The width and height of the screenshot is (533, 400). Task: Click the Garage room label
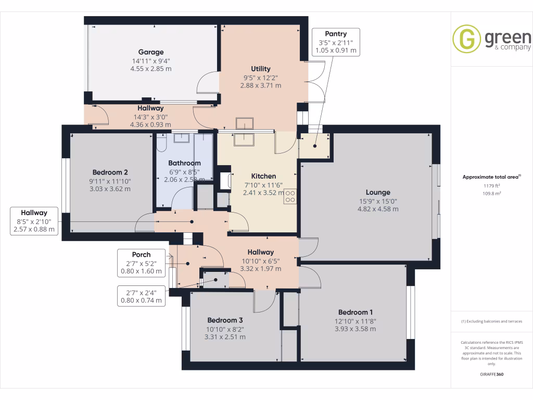click(151, 52)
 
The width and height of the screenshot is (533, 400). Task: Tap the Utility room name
click(261, 69)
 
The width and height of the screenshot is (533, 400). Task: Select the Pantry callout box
click(336, 42)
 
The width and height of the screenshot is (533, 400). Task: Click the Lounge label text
click(378, 192)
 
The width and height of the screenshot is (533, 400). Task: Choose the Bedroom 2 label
click(110, 172)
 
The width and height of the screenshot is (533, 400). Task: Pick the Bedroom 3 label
click(225, 320)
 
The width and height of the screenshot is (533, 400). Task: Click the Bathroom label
click(184, 163)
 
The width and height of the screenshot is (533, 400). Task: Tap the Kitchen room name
click(263, 176)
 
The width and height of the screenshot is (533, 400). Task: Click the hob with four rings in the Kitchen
click(290, 196)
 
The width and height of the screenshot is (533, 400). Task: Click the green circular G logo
click(466, 39)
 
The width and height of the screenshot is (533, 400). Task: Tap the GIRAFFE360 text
click(492, 374)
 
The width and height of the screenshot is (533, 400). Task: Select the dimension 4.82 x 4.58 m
click(378, 209)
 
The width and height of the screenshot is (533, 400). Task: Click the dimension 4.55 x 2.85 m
click(151, 68)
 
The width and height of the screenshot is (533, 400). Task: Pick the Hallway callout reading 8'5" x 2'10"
click(34, 221)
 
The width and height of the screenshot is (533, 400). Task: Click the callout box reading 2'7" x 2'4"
click(141, 296)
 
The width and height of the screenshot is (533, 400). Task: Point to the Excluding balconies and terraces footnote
click(492, 321)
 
